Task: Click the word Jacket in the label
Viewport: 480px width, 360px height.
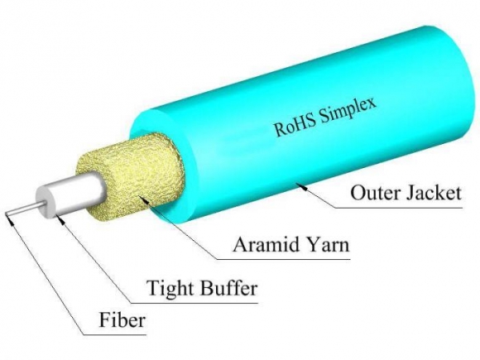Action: [x=425, y=195]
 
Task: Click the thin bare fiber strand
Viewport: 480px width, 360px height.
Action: [x=20, y=212]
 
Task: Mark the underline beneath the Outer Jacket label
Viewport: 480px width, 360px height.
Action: [x=397, y=209]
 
